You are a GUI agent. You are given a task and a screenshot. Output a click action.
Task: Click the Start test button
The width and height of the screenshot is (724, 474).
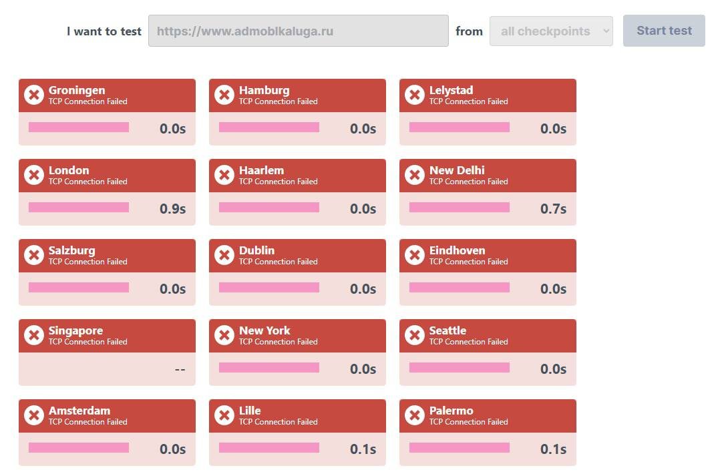[x=664, y=31]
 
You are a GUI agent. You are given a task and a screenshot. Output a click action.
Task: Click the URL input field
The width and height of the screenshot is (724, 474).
[x=298, y=31]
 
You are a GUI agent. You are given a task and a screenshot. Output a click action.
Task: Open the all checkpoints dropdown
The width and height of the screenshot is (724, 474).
[x=551, y=31]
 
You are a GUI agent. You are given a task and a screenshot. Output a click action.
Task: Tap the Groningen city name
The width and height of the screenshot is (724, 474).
[x=77, y=90]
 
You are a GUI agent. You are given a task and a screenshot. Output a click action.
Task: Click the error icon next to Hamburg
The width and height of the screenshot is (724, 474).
[x=224, y=95]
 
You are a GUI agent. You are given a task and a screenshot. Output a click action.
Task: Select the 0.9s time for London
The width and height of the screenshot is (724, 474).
[x=172, y=209]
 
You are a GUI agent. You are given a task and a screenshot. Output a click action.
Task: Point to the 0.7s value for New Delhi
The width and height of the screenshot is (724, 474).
[x=553, y=209]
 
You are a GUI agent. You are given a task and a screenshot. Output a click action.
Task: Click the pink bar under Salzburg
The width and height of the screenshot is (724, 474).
[x=79, y=288]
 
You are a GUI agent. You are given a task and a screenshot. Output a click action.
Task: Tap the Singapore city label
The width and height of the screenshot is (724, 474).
[x=75, y=330]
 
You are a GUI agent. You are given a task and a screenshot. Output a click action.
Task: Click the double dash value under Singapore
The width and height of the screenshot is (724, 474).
[x=180, y=369]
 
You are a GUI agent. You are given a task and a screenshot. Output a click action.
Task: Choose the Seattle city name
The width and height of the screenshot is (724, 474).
[x=447, y=330]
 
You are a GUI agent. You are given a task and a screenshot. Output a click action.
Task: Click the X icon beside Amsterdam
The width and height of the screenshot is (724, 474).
[x=34, y=415]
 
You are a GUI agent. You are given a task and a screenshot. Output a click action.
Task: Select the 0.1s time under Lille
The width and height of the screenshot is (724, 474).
[x=363, y=449]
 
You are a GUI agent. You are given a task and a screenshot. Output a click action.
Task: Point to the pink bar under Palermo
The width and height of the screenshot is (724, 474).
[x=460, y=448]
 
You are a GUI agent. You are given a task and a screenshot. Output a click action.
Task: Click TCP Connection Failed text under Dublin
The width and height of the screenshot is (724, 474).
[x=278, y=262]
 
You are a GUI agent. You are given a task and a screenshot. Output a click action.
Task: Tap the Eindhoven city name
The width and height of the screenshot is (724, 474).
[x=457, y=250]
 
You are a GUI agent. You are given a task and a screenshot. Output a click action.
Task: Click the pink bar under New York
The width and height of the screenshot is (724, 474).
[x=269, y=368]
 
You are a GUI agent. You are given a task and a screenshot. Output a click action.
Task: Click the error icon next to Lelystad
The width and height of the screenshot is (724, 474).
[x=415, y=95]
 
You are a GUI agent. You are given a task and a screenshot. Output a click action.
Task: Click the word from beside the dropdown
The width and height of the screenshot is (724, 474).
[x=469, y=31]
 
